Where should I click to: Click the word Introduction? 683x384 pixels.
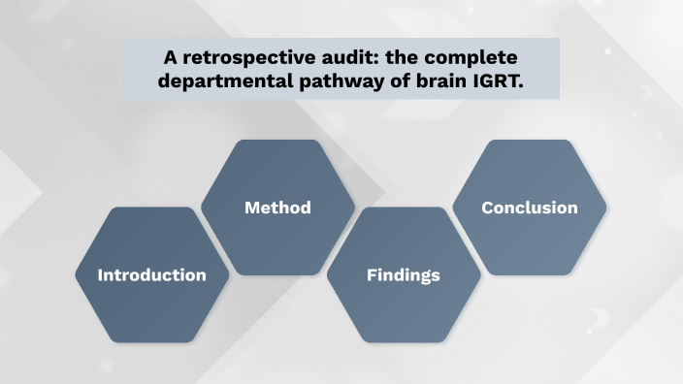pyautogui.click(x=152, y=275)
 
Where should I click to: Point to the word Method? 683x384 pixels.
pyautogui.click(x=277, y=208)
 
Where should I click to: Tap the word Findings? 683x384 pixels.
pyautogui.click(x=404, y=275)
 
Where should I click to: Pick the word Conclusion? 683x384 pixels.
pyautogui.click(x=530, y=208)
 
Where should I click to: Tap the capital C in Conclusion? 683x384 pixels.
pyautogui.click(x=488, y=208)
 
